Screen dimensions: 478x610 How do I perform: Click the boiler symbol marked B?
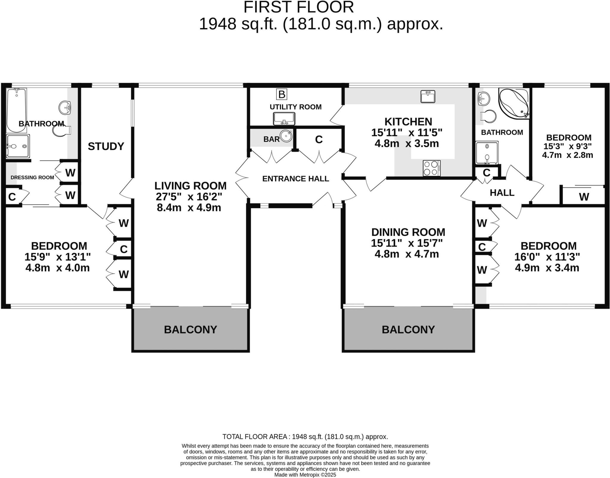(281, 94)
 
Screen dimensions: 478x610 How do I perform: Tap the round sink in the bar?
(286, 136)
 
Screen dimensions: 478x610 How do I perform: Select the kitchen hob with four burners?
(431, 168)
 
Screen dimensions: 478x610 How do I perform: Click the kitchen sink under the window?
(428, 96)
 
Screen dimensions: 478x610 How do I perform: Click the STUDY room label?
(106, 146)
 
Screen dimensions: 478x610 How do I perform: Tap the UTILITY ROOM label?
(295, 107)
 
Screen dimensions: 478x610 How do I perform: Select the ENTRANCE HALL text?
(295, 178)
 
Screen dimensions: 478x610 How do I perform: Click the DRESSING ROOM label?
(32, 178)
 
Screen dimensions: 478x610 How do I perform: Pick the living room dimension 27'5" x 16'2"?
(189, 197)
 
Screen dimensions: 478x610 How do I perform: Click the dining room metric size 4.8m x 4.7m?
(407, 254)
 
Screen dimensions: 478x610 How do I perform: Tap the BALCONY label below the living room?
(190, 329)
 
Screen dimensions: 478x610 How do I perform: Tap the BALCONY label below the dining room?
(408, 329)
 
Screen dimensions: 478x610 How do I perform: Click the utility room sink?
(284, 119)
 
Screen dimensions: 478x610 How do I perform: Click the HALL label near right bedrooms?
(502, 193)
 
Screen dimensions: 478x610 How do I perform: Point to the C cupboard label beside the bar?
(319, 139)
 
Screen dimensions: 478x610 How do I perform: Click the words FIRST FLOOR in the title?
(298, 7)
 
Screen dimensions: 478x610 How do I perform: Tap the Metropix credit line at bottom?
(305, 475)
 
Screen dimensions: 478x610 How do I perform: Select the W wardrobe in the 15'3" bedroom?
(584, 197)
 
